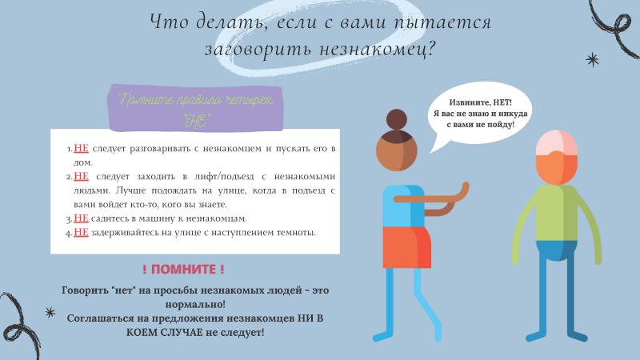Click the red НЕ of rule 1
tap(81, 148)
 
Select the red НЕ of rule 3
tap(81, 218)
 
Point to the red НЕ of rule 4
tap(81, 232)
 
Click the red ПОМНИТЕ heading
tap(183, 270)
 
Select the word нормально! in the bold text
tap(195, 305)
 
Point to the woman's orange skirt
tap(407, 247)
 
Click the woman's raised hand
tap(464, 190)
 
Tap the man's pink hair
tap(556, 142)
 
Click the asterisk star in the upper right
tap(592, 60)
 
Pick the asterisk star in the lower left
tap(50, 313)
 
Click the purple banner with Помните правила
tap(195, 109)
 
